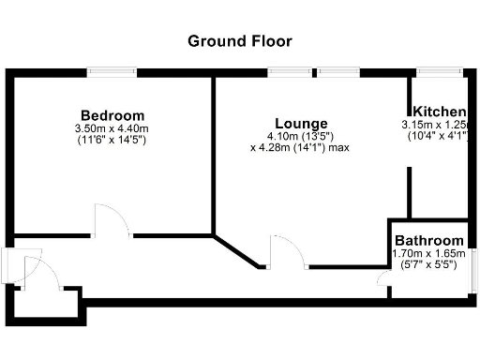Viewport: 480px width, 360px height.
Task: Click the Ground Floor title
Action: pyautogui.click(x=240, y=40)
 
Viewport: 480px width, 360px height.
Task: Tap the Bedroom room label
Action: pyautogui.click(x=112, y=115)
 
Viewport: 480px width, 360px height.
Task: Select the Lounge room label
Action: pyautogui.click(x=300, y=123)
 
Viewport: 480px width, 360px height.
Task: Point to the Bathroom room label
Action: pyautogui.click(x=428, y=240)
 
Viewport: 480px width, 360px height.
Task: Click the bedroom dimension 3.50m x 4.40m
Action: pyautogui.click(x=112, y=128)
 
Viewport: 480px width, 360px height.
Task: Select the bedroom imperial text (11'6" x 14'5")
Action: pyautogui.click(x=112, y=140)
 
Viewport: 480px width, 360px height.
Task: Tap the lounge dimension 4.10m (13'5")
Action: pyautogui.click(x=300, y=135)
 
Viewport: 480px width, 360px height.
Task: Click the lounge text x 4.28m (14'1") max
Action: pyautogui.click(x=300, y=146)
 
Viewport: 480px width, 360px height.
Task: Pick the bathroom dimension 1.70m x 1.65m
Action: pyautogui.click(x=428, y=253)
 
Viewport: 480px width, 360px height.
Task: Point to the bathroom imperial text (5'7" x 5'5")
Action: pyautogui.click(x=428, y=264)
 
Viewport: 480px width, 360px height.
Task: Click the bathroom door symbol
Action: pyautogui.click(x=382, y=281)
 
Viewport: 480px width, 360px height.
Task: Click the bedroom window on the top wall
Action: pyautogui.click(x=112, y=71)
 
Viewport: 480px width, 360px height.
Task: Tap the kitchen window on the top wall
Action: pyautogui.click(x=438, y=71)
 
